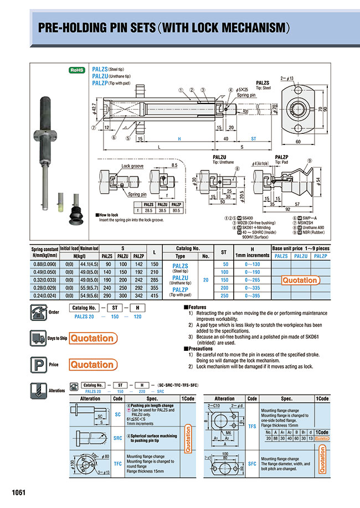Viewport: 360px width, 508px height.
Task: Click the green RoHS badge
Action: pyautogui.click(x=76, y=70)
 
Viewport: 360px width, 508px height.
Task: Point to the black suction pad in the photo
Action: pyautogui.click(x=74, y=211)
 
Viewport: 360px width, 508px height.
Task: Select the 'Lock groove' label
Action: pyautogui.click(x=133, y=166)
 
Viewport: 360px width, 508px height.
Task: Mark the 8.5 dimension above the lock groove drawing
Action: pyautogui.click(x=174, y=164)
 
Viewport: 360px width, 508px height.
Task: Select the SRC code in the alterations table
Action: pyautogui.click(x=117, y=438)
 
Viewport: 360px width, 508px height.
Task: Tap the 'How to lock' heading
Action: pyautogui.click(x=109, y=214)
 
